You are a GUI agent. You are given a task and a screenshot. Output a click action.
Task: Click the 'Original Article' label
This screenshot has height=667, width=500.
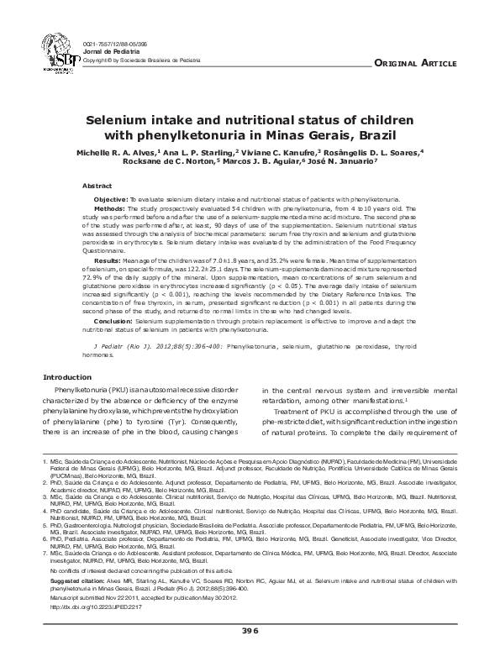pyautogui.click(x=415, y=64)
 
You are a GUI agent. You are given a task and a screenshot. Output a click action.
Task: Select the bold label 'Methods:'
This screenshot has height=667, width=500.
pyautogui.click(x=109, y=206)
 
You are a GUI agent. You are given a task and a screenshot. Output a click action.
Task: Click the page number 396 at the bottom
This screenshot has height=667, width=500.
pyautogui.click(x=250, y=630)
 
